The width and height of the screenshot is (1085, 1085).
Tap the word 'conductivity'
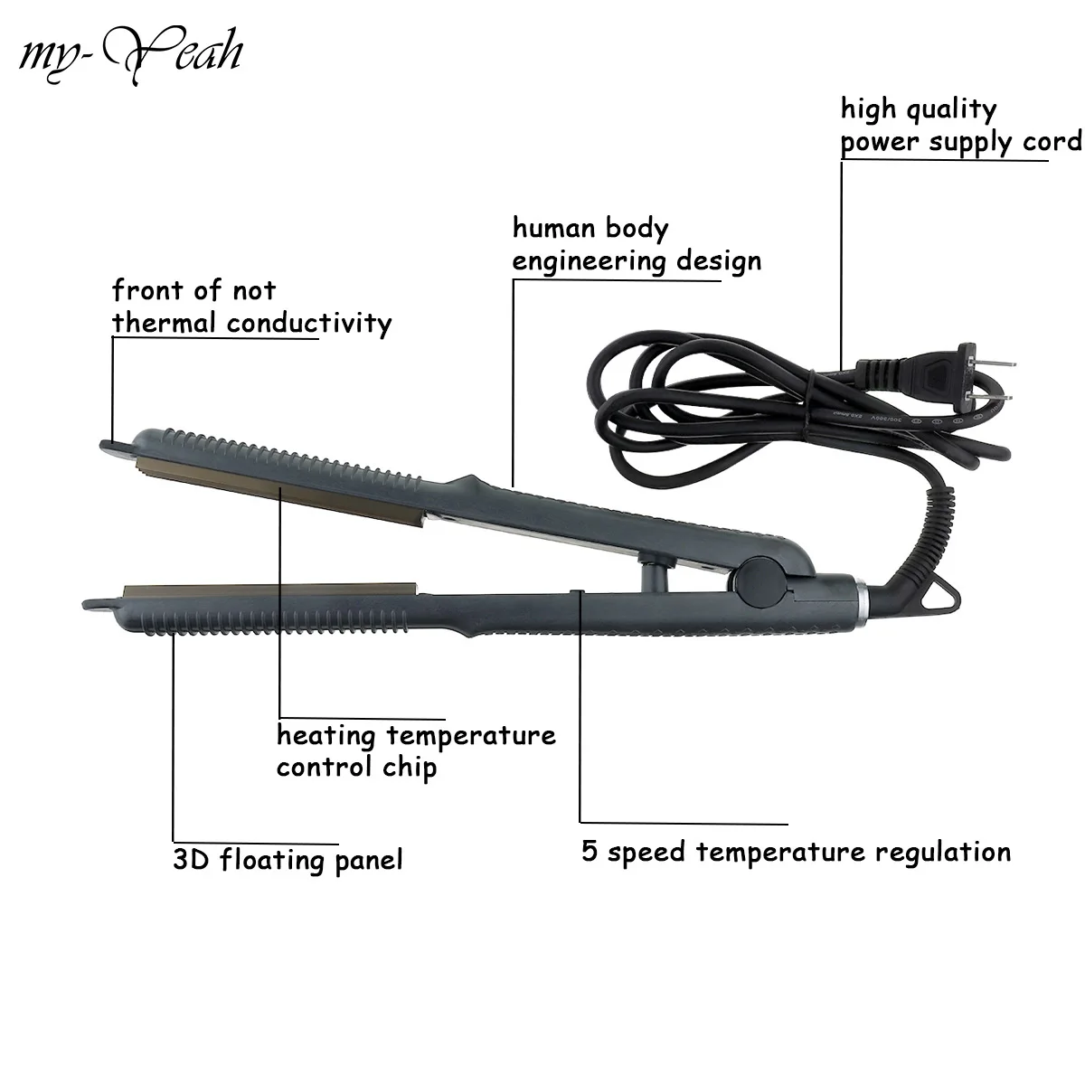(x=309, y=323)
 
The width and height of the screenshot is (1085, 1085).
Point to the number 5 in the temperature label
(x=589, y=851)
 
